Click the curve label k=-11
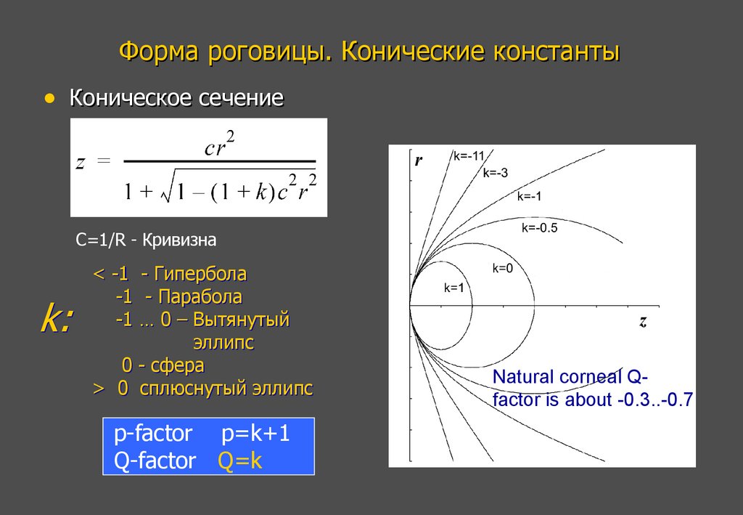469,155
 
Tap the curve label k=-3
495,172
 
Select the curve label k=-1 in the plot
529,196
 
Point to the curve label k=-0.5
539,228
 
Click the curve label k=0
503,268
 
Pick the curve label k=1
453,288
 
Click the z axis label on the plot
643,321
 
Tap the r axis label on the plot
419,161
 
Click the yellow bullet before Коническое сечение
49,97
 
